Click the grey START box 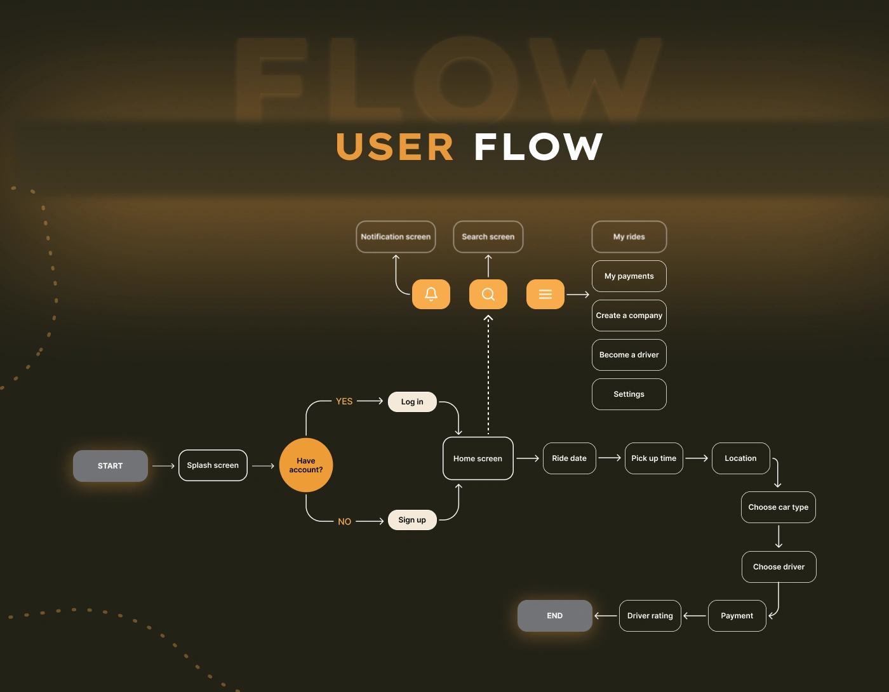(110, 466)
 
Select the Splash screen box (213, 465)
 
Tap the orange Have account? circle (306, 465)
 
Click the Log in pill (412, 402)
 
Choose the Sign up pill (412, 520)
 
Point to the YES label (344, 401)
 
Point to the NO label (344, 521)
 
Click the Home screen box (478, 458)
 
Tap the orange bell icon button (431, 294)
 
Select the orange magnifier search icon (488, 294)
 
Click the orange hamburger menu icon (545, 294)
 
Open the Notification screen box (396, 237)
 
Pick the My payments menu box (629, 276)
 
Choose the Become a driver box (629, 355)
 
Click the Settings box (629, 394)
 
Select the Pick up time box (653, 458)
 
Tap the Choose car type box (778, 507)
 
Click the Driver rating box (650, 616)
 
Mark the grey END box (555, 616)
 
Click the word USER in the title (394, 147)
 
